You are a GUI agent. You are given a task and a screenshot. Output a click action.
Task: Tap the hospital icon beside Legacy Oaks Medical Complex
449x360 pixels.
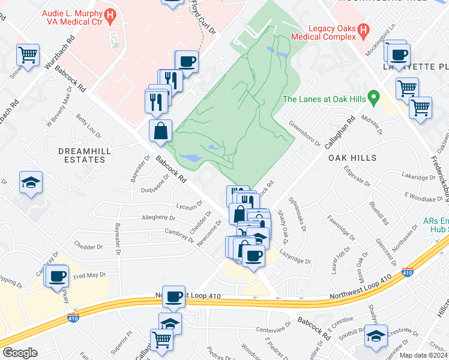pos(363,28)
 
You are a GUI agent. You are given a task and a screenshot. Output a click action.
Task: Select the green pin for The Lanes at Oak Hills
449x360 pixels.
pos(374,96)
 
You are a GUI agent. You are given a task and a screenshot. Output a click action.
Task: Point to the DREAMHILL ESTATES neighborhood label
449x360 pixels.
pos(82,155)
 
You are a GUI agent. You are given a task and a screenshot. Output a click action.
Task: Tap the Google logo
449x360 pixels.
pos(20,353)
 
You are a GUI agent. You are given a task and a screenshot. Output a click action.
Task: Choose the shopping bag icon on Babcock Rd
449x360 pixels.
pos(160,131)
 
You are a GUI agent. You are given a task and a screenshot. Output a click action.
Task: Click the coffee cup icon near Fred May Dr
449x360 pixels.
pos(58,276)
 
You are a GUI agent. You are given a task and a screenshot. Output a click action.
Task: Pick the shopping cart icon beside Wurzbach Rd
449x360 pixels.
pos(28,55)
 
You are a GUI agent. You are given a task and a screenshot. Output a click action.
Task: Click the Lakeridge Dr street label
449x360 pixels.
pos(418,178)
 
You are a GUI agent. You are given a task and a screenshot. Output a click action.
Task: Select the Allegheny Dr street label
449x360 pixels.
pos(159,217)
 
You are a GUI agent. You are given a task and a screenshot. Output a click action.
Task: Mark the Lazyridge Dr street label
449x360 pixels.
pos(297,261)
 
